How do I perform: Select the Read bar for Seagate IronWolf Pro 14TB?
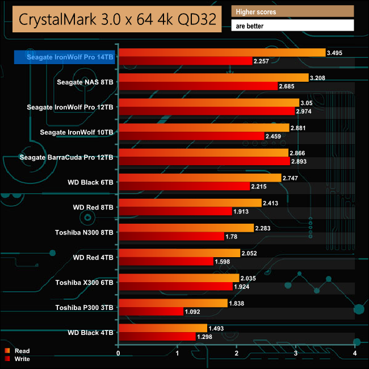(221, 53)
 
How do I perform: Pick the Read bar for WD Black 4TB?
(162, 328)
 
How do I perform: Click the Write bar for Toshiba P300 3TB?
(150, 311)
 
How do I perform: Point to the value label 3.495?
(336, 53)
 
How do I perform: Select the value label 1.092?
(192, 311)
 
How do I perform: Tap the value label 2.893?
(299, 161)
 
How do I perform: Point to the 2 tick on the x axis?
(237, 354)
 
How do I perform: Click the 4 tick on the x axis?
(355, 354)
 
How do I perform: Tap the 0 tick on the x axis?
(118, 354)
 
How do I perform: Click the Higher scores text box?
(292, 11)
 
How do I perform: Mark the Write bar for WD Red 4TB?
(165, 261)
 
